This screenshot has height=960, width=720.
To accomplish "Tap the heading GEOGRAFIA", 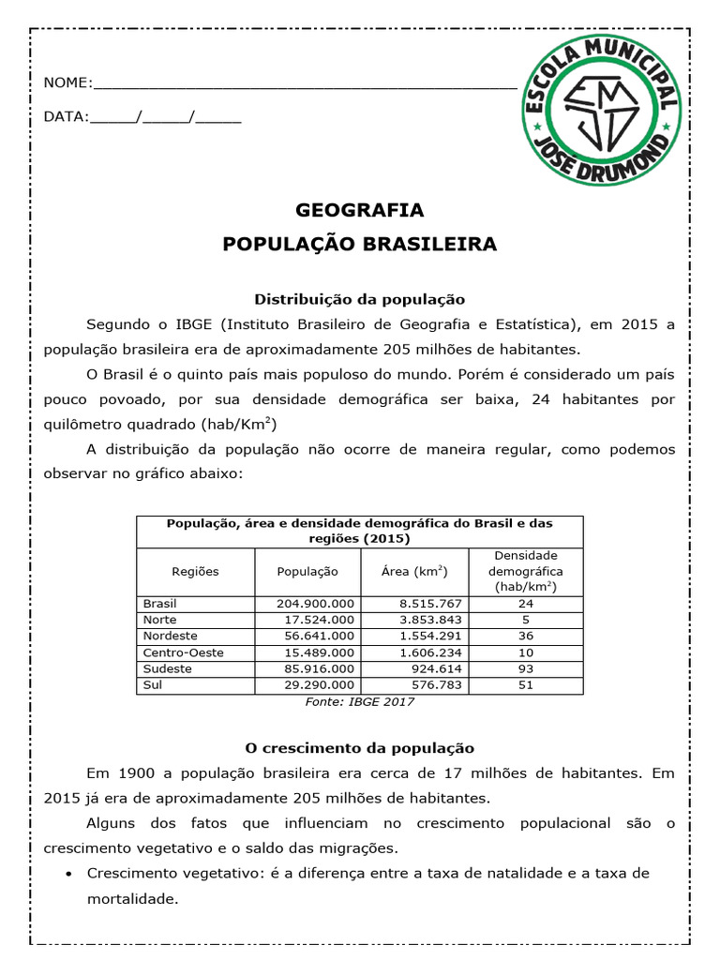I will tap(360, 210).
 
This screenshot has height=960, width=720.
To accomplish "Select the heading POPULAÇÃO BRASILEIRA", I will tap(360, 245).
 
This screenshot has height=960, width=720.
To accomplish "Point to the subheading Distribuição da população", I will tap(360, 299).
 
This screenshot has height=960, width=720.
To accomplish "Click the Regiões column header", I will tap(195, 571).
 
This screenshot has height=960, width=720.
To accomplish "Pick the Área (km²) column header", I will tap(412, 571).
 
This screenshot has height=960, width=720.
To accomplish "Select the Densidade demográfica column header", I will tap(525, 571).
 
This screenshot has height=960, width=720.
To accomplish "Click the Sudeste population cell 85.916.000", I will tap(316, 669).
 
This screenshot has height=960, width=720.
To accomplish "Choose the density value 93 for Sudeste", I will tap(525, 669).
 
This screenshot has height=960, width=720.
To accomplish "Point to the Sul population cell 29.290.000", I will tap(316, 685).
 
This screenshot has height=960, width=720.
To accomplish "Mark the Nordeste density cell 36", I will tap(525, 637).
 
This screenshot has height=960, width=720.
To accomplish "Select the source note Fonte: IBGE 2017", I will tap(360, 701).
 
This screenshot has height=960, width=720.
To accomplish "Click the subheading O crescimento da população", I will tap(360, 748).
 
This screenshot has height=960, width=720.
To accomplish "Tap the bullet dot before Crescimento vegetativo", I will tap(71, 874).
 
